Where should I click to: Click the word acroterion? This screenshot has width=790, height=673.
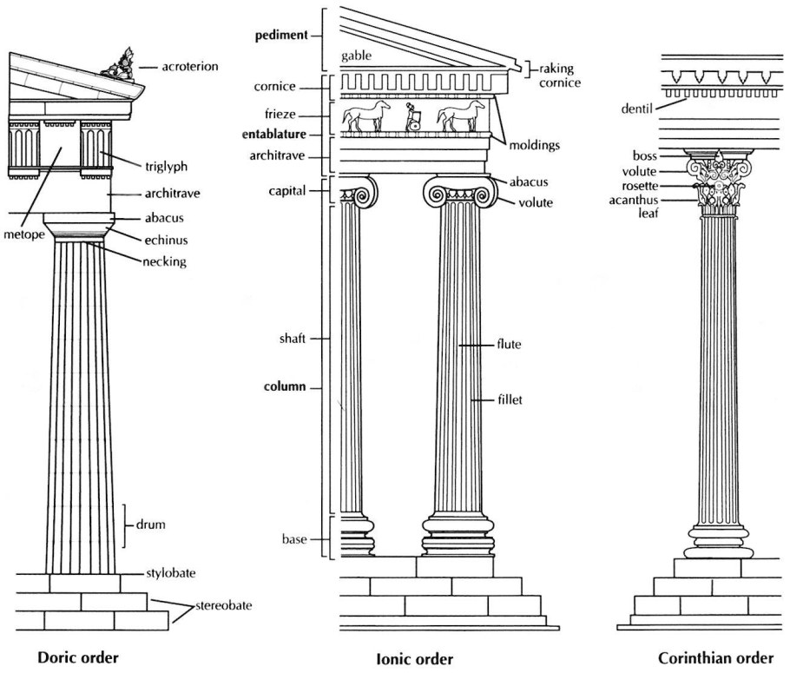pos(189,66)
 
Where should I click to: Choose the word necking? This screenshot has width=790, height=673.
pos(164,261)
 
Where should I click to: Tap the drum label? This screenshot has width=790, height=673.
pos(150,525)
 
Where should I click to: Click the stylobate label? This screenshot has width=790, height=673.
pos(170,574)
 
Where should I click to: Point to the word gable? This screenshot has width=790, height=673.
pos(356,55)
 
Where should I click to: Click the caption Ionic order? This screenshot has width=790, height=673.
pos(415,658)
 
